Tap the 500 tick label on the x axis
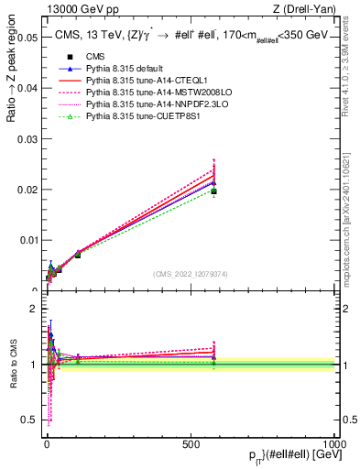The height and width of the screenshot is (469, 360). (191, 442)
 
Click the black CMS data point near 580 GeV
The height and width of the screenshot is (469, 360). (213, 191)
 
